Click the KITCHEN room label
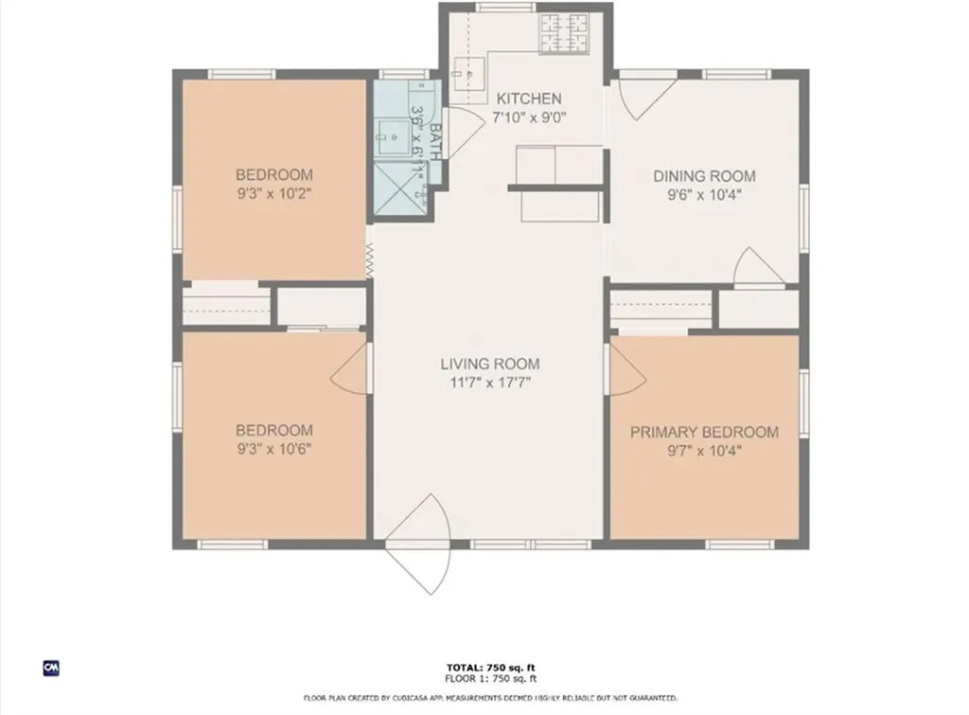click(529, 98)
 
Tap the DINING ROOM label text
click(705, 176)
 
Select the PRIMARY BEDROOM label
click(704, 433)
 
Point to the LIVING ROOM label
click(489, 364)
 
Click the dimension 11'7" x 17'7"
click(489, 383)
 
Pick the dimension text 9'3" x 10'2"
click(273, 194)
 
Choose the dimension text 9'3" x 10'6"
click(273, 448)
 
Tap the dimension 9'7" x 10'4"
click(704, 452)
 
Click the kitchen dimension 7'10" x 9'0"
click(529, 117)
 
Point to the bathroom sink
click(391, 136)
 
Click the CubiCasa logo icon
click(52, 668)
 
